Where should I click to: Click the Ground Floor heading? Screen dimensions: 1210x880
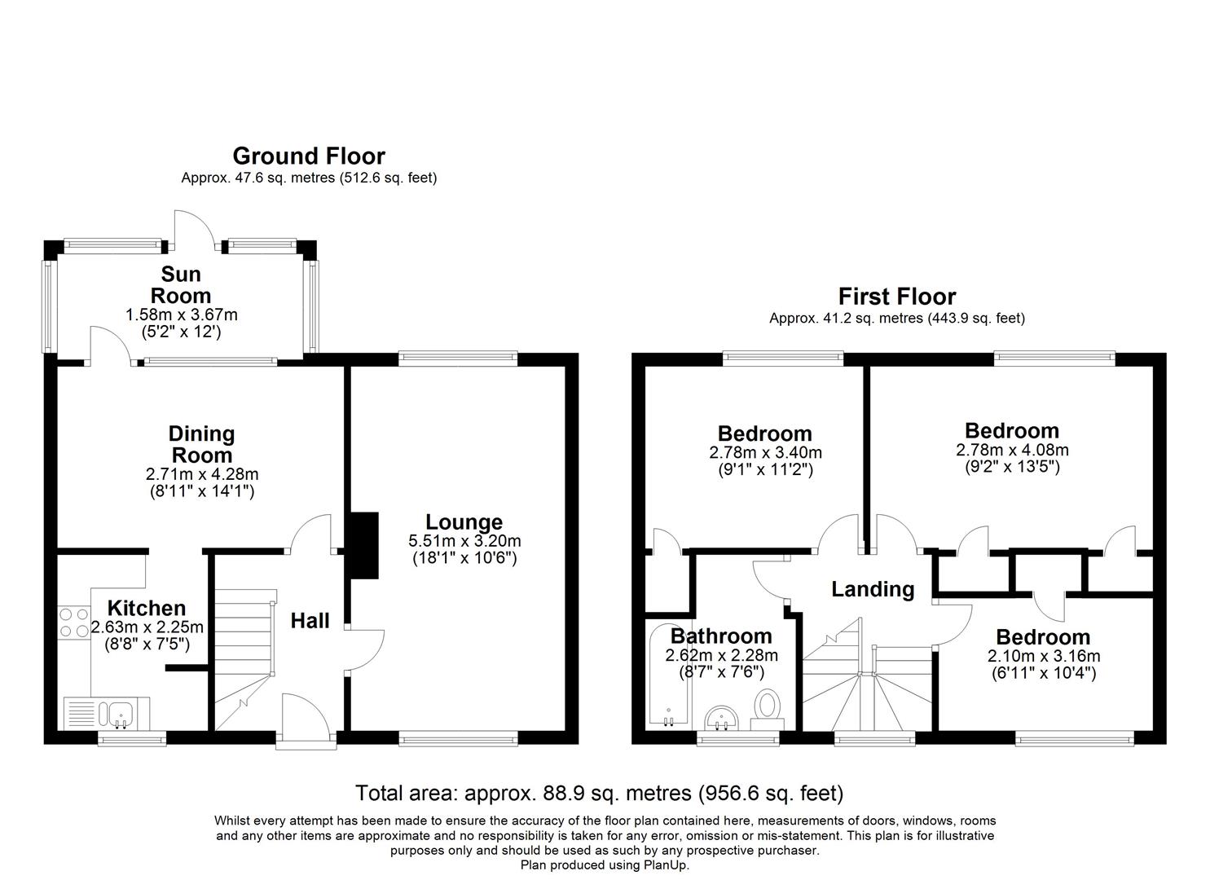coord(309,156)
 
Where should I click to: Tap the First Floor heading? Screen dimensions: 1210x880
coord(897,297)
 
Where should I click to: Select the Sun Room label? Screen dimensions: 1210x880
coord(181,284)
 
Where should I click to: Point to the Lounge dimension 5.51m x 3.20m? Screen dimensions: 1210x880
coord(464,541)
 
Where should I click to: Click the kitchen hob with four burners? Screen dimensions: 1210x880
coord(74,623)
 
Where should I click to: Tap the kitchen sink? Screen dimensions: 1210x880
coord(121,714)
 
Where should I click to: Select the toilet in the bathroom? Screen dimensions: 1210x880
coord(767,711)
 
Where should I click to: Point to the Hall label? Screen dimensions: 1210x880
coord(310,621)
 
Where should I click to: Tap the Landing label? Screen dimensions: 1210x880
coord(873,590)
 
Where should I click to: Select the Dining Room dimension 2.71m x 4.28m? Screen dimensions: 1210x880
coord(202,474)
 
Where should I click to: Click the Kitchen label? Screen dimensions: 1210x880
coord(147,609)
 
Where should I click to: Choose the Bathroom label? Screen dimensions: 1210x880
coord(721,636)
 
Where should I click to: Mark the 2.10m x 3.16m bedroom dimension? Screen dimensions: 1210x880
coord(1044,657)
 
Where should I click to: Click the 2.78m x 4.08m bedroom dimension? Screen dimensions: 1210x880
coord(1012,450)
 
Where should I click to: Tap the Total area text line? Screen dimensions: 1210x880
coord(599,793)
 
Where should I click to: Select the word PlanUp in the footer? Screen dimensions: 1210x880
coord(666,865)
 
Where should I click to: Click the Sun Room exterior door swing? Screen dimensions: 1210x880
coord(195,227)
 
